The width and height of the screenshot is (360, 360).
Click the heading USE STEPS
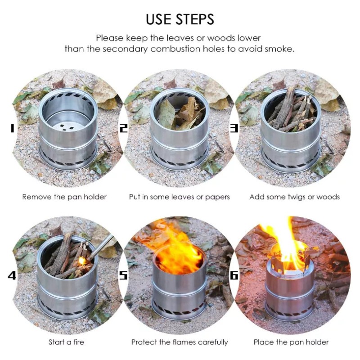tap(180, 19)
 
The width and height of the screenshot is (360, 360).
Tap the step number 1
tap(12, 128)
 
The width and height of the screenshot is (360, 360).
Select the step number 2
tap(124, 128)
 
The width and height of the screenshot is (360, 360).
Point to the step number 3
tap(234, 128)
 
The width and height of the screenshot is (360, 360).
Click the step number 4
tap(12, 275)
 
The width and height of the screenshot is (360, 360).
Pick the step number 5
tap(123, 275)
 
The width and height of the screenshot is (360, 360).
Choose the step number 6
tap(234, 275)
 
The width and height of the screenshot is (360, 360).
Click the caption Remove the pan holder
tap(64, 197)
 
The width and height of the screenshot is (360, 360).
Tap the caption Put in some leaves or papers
tap(179, 197)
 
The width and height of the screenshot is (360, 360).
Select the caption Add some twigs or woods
tap(295, 197)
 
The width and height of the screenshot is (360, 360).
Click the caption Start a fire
tap(66, 342)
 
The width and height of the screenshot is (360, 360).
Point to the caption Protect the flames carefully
tap(180, 342)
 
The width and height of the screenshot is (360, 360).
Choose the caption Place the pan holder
tap(291, 342)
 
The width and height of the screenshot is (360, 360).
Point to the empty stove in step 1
tap(68, 129)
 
